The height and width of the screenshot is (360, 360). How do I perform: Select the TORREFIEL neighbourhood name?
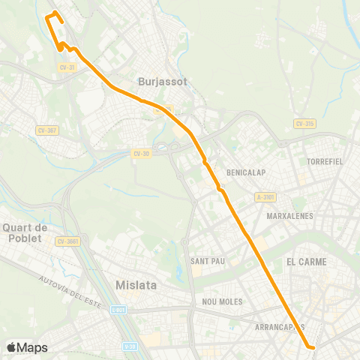[325, 161]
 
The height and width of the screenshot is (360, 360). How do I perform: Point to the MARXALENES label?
[289, 216]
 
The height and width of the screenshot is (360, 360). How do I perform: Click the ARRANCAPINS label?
[280, 327]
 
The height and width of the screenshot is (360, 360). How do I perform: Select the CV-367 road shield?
[46, 130]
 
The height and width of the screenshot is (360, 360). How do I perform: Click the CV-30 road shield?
[141, 153]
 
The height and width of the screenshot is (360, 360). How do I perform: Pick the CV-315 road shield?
[304, 124]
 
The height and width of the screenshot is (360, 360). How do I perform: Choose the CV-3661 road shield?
[67, 241]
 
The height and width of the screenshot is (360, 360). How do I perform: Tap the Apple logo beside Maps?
[11, 347]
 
